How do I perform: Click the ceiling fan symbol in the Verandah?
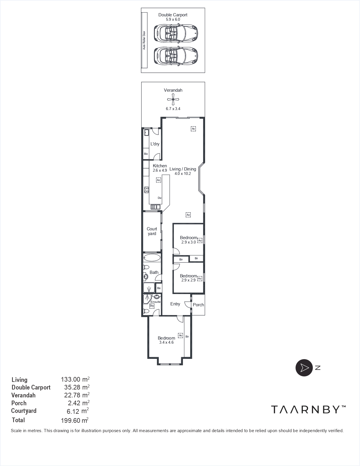[x=173, y=100]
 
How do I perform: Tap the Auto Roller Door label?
[x=144, y=40]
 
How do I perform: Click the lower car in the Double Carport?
[x=176, y=55]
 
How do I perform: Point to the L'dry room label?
[x=155, y=144]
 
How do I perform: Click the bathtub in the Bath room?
[x=152, y=258]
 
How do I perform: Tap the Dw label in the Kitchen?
[x=160, y=198]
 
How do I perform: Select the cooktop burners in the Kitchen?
[x=146, y=190]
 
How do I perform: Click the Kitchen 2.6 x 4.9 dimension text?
[x=160, y=170]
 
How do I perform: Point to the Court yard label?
[x=152, y=231]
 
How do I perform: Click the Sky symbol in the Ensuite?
[x=152, y=306]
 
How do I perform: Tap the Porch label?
[x=198, y=305]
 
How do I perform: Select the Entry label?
[x=175, y=304]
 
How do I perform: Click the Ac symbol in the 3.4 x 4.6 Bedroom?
[x=181, y=335]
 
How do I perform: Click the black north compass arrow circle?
[x=304, y=368]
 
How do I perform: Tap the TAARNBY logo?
[x=308, y=409]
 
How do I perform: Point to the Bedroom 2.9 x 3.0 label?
[x=188, y=240]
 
